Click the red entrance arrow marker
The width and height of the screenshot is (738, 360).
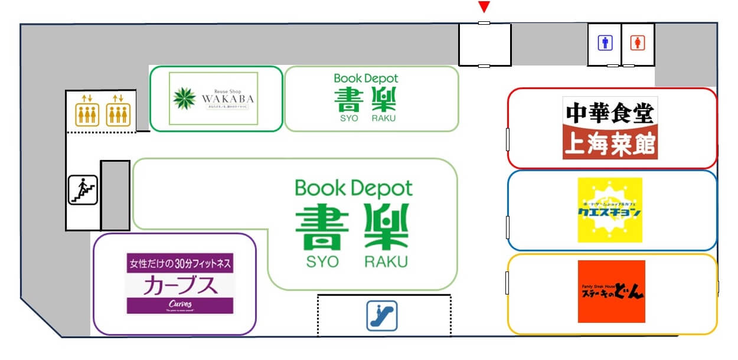pos(484,7)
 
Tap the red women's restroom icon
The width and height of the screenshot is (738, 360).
pos(638,43)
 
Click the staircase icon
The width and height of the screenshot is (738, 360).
pos(83,190)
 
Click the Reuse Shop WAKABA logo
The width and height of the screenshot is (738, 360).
pos(213,99)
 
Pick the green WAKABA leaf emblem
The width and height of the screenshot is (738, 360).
pos(184,99)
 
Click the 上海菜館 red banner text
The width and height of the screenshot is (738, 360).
pos(610,145)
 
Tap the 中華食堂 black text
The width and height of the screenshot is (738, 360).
pos(610,112)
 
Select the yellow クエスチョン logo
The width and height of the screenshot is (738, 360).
pos(610,210)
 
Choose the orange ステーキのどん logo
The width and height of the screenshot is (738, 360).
pos(611,292)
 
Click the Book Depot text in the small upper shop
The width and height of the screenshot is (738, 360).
pos(366,78)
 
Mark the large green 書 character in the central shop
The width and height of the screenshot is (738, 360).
pos(319,227)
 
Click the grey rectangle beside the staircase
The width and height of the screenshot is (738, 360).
pos(115,195)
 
